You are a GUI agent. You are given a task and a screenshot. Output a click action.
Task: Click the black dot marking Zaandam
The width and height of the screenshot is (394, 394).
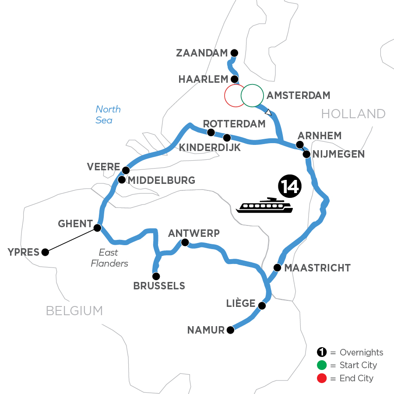click(234, 53)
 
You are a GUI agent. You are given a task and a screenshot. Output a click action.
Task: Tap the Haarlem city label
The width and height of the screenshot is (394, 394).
click(204, 80)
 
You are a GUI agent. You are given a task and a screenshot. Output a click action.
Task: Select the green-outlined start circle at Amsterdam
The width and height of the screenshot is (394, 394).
click(252, 95)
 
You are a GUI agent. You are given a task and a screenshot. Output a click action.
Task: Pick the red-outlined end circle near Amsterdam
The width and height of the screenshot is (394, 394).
click(234, 95)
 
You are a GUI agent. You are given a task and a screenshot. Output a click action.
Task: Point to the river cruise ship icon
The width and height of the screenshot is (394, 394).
click(264, 205)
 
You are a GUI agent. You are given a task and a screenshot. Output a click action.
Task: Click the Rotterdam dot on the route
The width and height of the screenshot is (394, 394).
click(211, 132)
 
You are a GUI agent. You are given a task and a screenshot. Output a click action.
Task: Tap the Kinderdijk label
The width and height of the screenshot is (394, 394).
click(210, 148)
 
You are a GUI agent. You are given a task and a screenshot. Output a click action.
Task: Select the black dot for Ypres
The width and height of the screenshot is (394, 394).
click(45, 252)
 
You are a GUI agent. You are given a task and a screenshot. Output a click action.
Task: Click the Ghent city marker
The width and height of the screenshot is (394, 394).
click(98, 228)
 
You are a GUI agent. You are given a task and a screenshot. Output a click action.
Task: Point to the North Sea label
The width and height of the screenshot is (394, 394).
click(108, 115)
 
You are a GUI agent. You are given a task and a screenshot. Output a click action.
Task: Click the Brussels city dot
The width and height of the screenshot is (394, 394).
click(156, 276)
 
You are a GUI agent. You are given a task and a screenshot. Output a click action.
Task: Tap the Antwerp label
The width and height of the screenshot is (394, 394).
click(193, 233)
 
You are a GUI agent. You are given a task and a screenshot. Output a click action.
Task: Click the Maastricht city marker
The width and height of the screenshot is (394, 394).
click(277, 267)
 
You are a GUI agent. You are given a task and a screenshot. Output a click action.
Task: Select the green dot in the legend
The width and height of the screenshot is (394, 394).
click(321, 365)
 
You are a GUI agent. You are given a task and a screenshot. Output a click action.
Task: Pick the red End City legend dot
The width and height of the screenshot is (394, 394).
click(321, 378)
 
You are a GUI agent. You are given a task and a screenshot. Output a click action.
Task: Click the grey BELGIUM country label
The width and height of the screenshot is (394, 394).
click(74, 311)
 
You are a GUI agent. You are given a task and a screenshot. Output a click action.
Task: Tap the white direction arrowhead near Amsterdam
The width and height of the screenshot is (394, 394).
click(269, 113)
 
